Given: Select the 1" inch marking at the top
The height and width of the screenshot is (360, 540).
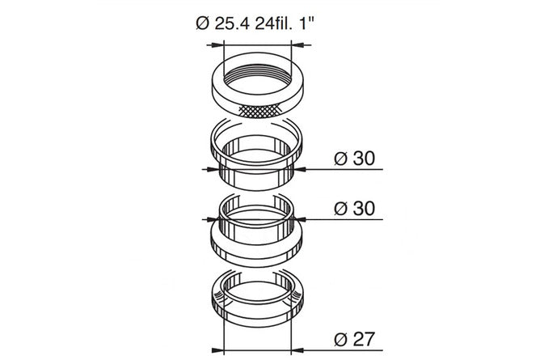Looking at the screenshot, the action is coord(307,23).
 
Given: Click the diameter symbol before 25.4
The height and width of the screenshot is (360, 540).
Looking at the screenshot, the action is coord(203,23).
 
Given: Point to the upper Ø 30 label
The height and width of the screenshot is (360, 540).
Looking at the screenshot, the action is coord(354,159).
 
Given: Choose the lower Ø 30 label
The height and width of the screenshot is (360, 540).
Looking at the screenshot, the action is coord(354,209).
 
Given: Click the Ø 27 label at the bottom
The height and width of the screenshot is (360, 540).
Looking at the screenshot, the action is coord(354,339).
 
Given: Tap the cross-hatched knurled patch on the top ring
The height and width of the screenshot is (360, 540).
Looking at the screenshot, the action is coord(259,110).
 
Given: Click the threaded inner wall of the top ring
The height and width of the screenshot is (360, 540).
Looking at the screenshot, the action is coord(258,72).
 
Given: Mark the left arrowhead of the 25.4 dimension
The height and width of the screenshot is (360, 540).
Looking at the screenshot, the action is coord(217,44).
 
